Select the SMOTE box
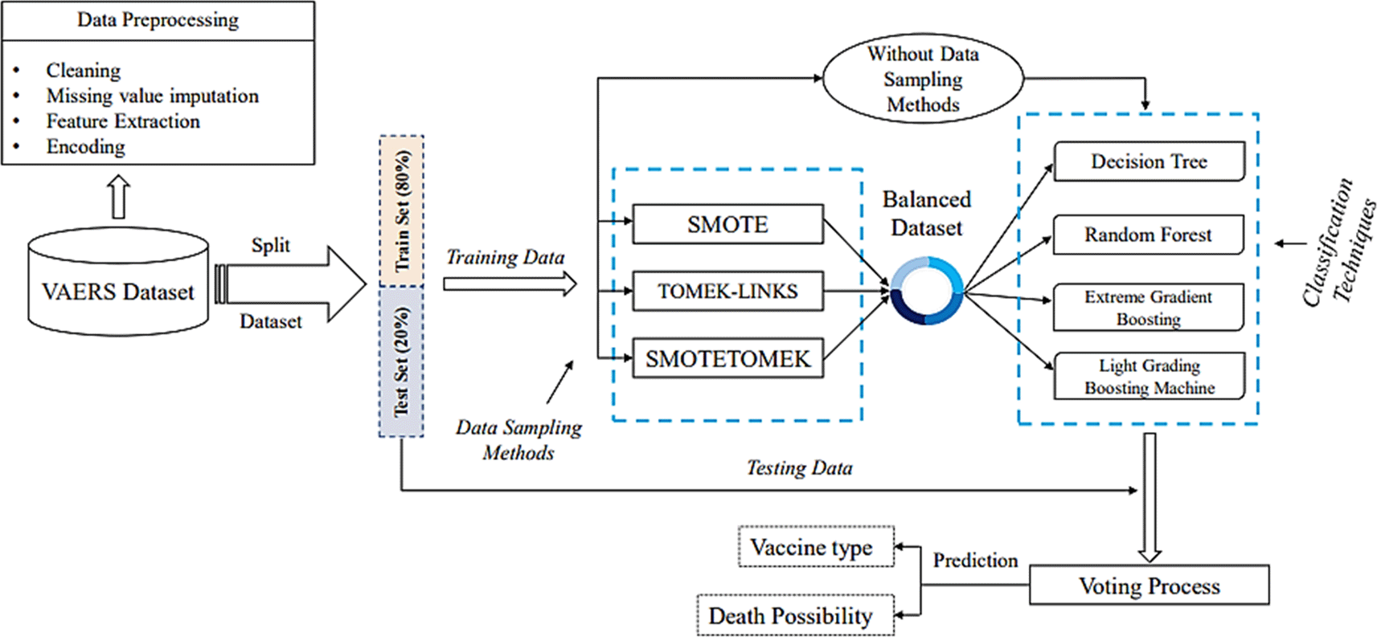(727, 224)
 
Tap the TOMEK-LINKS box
(727, 291)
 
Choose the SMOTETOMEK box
(727, 358)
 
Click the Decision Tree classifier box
(1149, 161)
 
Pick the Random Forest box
(1148, 235)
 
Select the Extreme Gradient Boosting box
(1148, 308)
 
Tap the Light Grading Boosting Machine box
(1149, 376)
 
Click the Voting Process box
(1149, 586)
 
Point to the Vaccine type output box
(815, 547)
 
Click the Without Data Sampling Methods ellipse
(923, 80)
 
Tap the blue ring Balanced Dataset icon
(926, 291)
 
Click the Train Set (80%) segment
(402, 210)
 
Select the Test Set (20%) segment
(402, 361)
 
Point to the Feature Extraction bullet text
(123, 121)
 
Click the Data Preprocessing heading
(158, 20)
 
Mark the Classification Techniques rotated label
(1338, 241)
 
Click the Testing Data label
(799, 468)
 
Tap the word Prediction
(975, 560)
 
